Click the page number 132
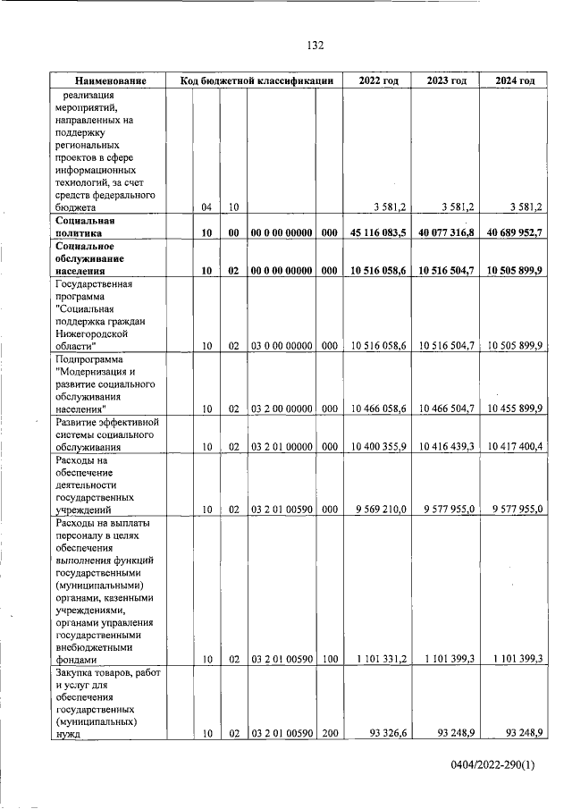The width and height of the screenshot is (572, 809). [x=314, y=46]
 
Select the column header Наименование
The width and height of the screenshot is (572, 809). [x=110, y=80]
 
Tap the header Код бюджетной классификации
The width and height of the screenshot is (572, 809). [x=257, y=80]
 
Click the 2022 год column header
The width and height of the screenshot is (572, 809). [x=378, y=80]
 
